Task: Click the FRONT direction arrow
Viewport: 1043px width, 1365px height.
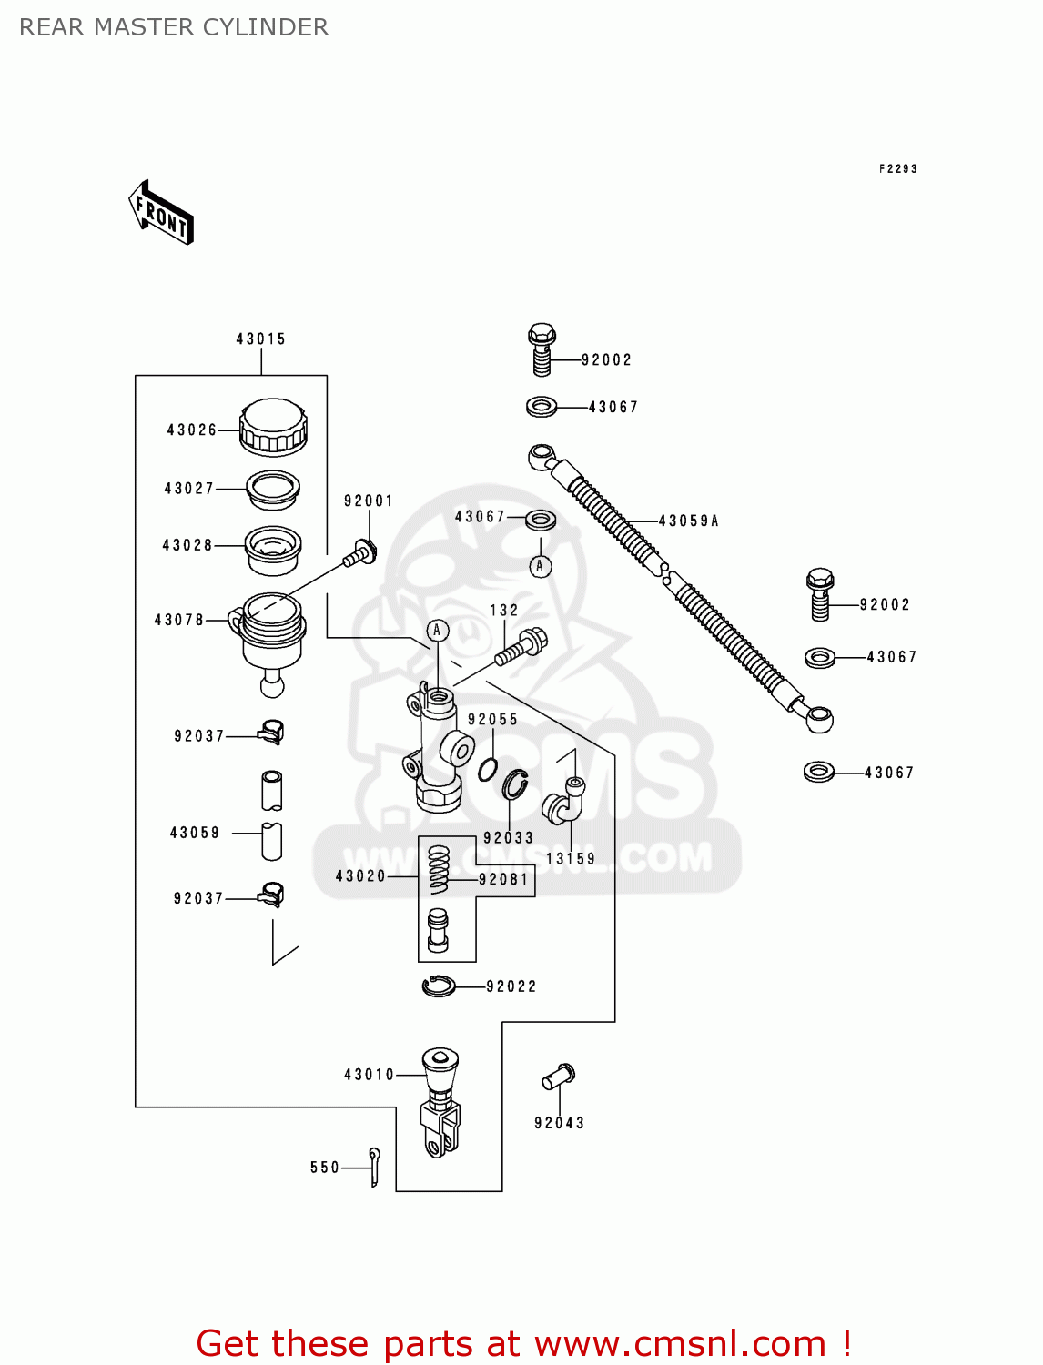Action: (161, 213)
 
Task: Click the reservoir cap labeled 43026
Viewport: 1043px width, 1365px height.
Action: (273, 427)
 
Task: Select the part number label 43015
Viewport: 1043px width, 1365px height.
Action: (261, 339)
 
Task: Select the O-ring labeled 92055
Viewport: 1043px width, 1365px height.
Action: (488, 769)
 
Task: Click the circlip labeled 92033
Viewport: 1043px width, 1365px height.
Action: (516, 784)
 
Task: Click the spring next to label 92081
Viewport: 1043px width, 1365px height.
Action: (439, 869)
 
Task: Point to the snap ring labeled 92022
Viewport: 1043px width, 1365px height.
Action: (439, 986)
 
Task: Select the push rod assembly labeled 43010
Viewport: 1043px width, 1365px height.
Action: (440, 1103)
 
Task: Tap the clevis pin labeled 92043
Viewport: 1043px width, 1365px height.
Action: (558, 1077)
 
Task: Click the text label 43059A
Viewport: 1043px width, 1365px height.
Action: (689, 521)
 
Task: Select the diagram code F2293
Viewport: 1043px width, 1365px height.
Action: (897, 169)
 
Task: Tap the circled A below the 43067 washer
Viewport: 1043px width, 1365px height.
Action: (540, 566)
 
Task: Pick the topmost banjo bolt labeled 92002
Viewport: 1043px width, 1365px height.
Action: (542, 349)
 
